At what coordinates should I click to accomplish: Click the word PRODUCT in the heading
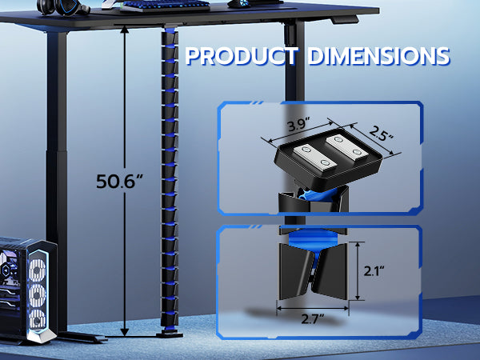242,56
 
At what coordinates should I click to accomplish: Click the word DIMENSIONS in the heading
378,56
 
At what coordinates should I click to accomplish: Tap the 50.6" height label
120,182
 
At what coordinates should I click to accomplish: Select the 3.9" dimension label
298,125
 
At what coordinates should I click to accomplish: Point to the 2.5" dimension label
381,133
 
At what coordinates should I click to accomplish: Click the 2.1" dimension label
374,270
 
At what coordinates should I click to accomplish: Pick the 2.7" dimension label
312,319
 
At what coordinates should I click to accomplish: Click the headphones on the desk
62,6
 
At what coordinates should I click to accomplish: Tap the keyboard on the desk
166,5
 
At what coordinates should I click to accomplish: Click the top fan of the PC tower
38,270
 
